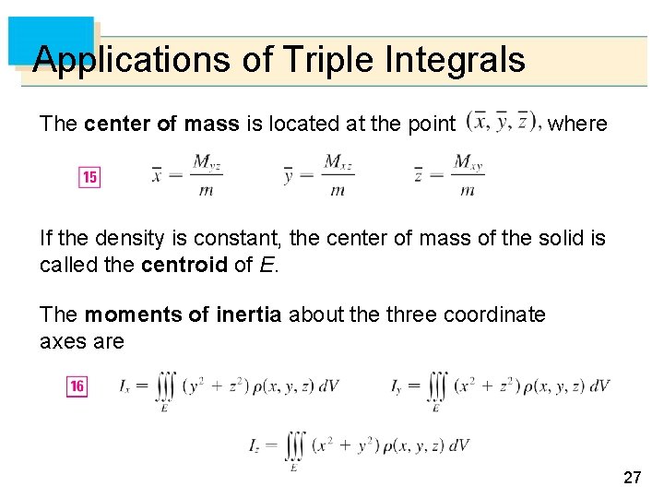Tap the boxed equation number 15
(x=89, y=176)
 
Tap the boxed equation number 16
(x=77, y=386)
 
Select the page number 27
(x=633, y=477)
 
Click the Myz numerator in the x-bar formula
(x=207, y=163)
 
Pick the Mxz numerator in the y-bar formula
(x=338, y=163)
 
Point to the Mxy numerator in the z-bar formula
(x=468, y=163)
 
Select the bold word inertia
(x=249, y=314)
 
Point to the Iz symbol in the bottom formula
(x=255, y=445)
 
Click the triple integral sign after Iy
(x=437, y=386)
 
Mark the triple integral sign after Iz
(x=294, y=446)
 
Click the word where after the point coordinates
(x=577, y=123)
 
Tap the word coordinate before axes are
(x=494, y=314)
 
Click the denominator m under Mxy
(x=468, y=190)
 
